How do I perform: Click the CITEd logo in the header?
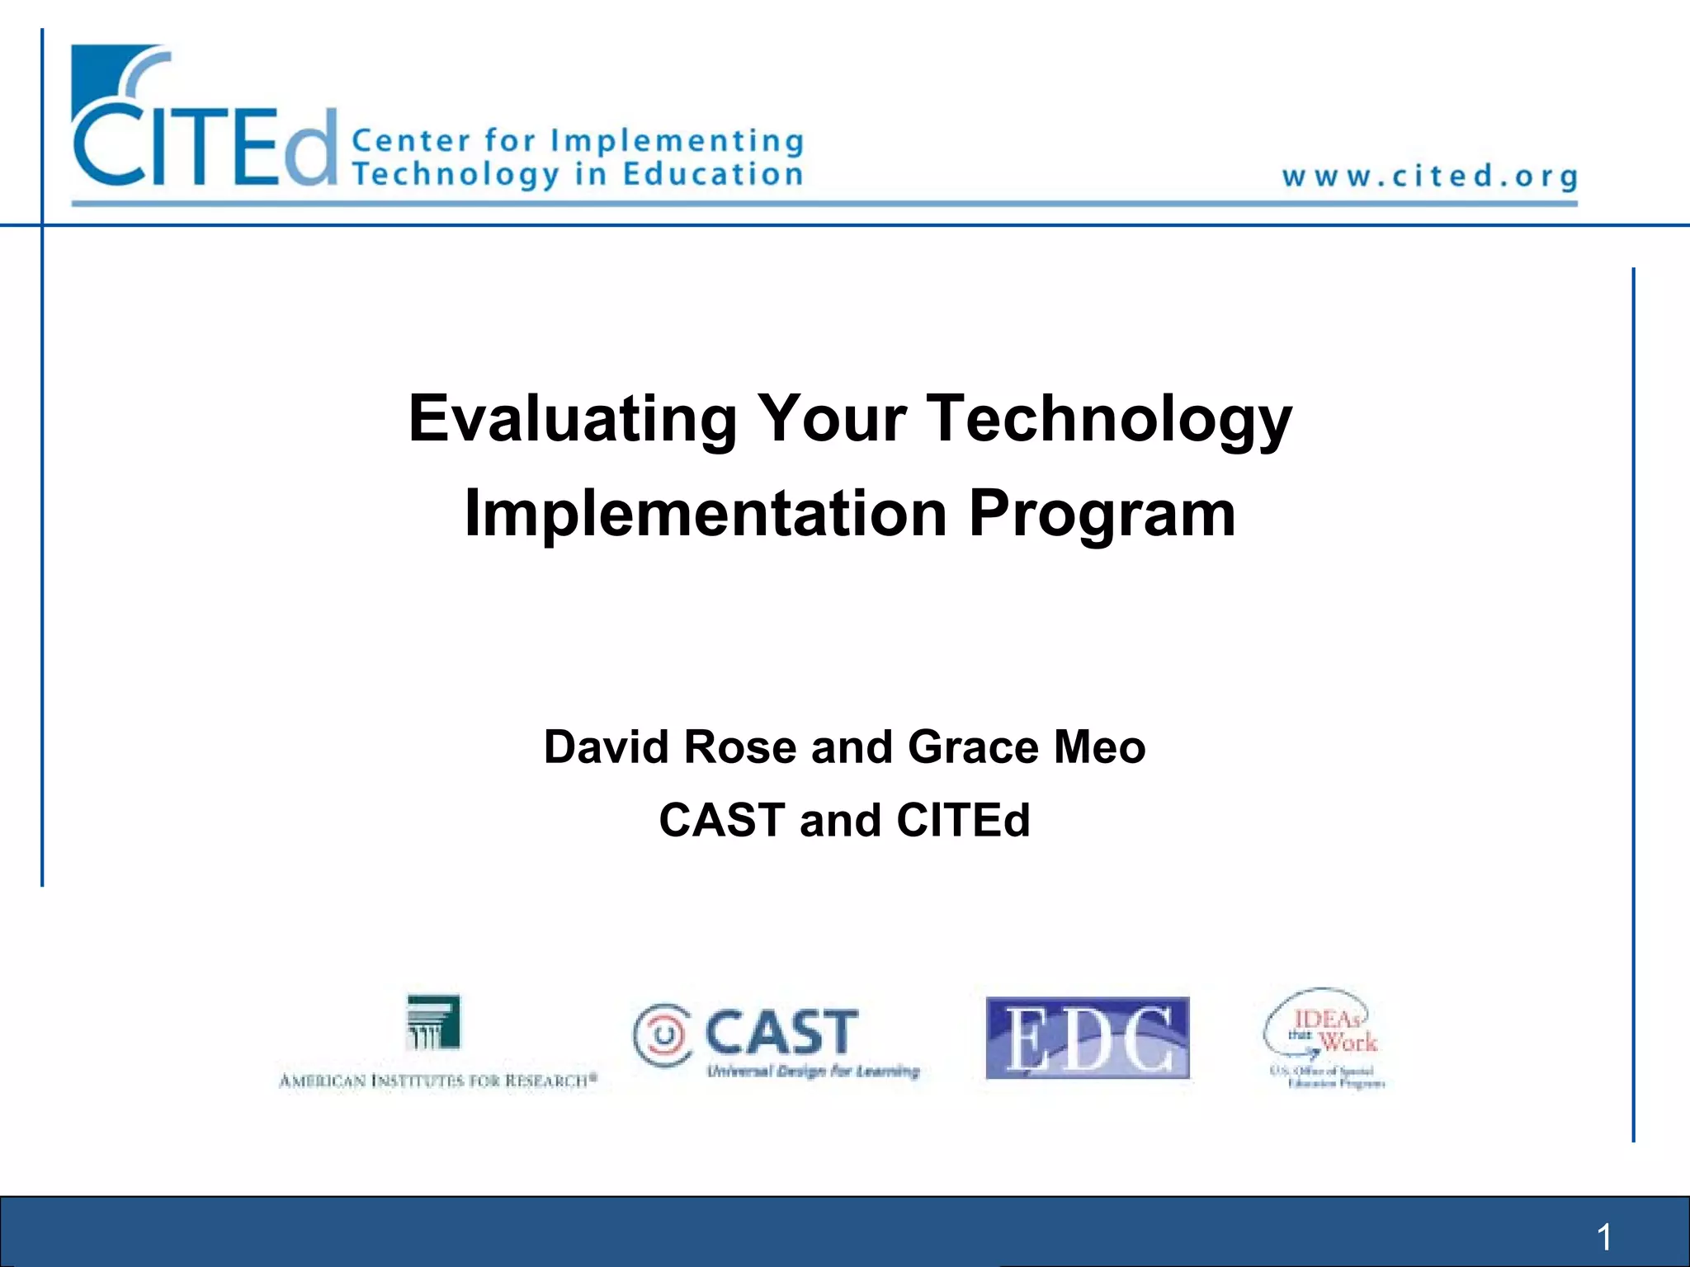point(205,124)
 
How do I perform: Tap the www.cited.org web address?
point(1429,177)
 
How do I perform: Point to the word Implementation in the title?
point(706,514)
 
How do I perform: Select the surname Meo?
point(1100,747)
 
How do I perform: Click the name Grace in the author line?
point(973,747)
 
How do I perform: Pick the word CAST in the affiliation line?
point(722,821)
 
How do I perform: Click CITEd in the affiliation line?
point(963,821)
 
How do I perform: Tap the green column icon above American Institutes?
point(434,1021)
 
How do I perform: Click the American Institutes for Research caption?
point(437,1081)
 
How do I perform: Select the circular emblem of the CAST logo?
point(663,1034)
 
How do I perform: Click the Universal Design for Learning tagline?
point(813,1072)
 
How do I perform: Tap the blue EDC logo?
point(1088,1038)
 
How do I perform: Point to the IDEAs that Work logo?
point(1325,1038)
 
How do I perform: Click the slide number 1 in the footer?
point(1604,1237)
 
